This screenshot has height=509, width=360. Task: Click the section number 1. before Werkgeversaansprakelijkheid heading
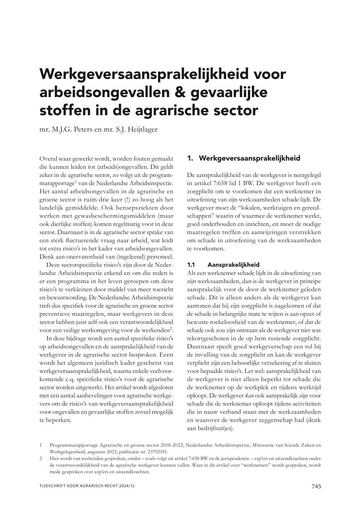pos(191,158)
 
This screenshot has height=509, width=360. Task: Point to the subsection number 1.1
pos(191,264)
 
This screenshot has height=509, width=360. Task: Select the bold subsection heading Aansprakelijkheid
pos(233,264)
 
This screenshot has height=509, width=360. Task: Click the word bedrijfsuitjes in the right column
pos(214,429)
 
